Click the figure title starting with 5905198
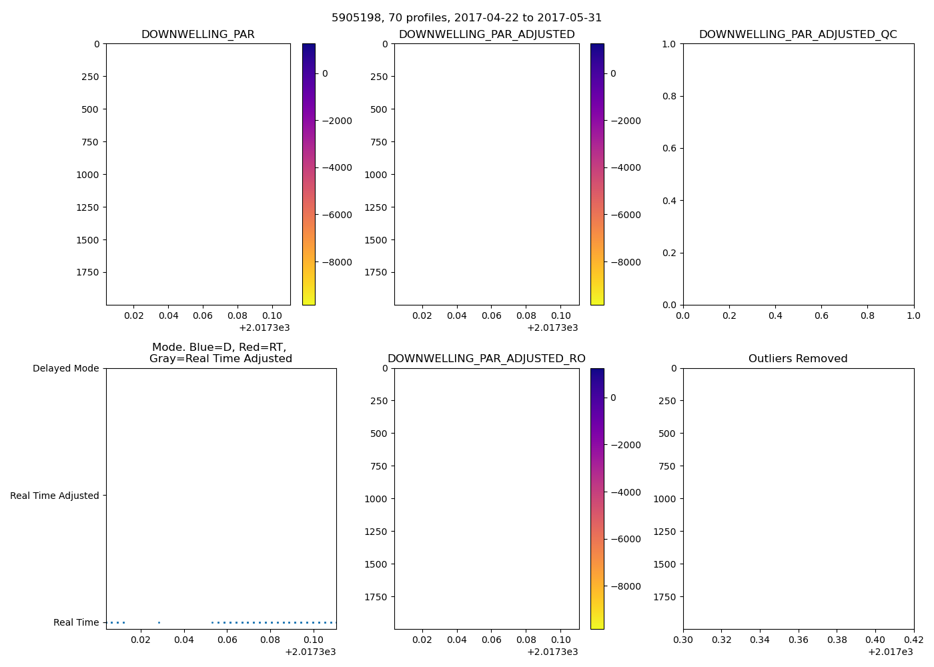pos(466,18)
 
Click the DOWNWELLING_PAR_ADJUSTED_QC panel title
pos(798,35)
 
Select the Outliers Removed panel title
pos(798,359)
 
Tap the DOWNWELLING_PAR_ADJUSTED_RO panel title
pos(486,359)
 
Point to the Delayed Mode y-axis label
pos(65,369)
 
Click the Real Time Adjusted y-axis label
pos(55,496)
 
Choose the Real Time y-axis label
pos(76,622)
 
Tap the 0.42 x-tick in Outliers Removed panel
pos(913,640)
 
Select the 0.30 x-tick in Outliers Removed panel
pos(683,640)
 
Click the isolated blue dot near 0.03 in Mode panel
pos(159,622)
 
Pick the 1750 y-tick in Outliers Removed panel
pos(664,597)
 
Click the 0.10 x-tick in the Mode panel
pos(314,640)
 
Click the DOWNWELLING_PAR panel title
pos(197,35)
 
